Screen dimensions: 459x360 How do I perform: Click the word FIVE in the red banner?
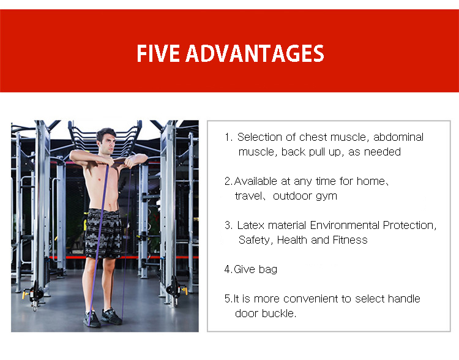point(158,53)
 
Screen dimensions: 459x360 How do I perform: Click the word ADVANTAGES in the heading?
point(255,53)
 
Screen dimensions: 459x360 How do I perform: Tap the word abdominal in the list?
point(398,137)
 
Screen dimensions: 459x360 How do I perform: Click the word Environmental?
point(345,225)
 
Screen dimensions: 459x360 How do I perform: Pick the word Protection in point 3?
point(409,225)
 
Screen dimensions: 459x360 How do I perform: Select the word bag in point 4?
point(268,270)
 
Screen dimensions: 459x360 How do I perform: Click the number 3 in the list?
point(228,225)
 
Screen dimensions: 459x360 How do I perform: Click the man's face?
point(107,144)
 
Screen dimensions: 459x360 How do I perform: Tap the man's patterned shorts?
point(103,233)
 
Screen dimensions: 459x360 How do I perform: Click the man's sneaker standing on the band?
point(92,319)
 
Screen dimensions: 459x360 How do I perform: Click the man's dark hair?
point(106,134)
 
